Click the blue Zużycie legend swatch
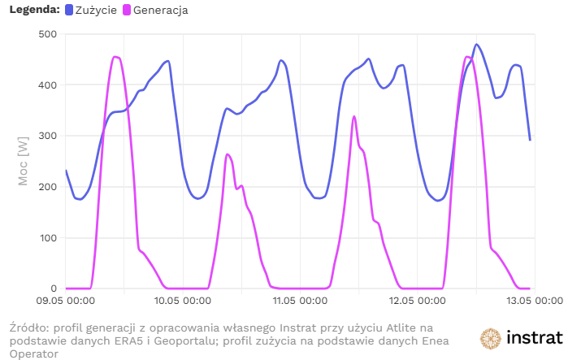point(68,11)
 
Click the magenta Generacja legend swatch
point(128,11)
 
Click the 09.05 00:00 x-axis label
point(66,301)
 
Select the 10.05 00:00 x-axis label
point(182,301)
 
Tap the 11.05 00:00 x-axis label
point(298,301)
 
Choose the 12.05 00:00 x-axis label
point(414,301)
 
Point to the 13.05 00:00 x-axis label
point(529,301)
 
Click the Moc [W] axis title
point(24,162)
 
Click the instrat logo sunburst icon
point(490,338)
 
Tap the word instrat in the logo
point(533,338)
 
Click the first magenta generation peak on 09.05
point(115,57)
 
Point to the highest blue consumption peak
point(476,45)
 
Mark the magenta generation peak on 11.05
point(353,117)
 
